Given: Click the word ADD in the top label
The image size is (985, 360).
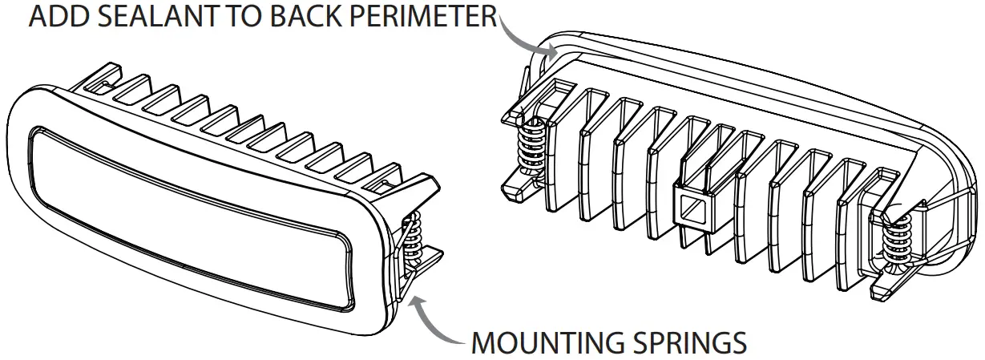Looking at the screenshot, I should pyautogui.click(x=58, y=17).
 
